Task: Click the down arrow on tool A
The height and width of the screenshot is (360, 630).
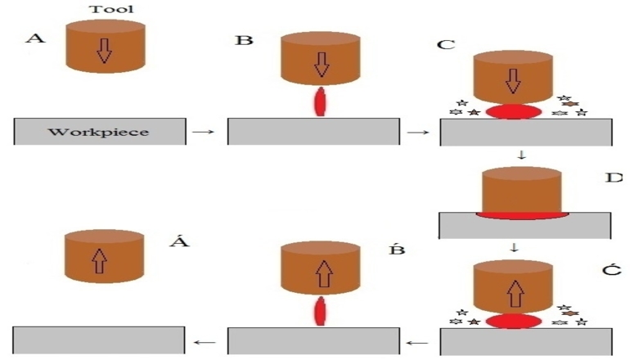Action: (x=103, y=51)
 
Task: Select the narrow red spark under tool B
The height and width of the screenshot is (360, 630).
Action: (x=319, y=103)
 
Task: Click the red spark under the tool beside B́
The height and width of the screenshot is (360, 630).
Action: (x=319, y=312)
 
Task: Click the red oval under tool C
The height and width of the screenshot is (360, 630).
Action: (x=513, y=110)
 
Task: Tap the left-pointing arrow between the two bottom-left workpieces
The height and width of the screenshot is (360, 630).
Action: (x=205, y=341)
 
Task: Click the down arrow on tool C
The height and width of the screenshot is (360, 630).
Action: (x=513, y=79)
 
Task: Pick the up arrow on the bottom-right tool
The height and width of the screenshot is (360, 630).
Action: (x=513, y=288)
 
